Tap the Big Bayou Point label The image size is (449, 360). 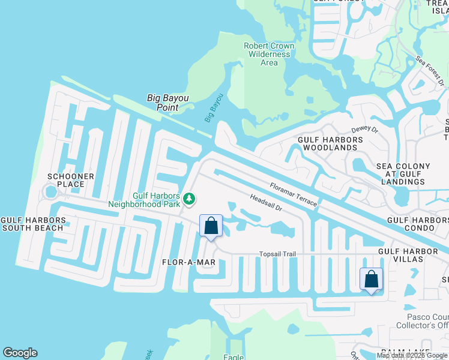[163, 103]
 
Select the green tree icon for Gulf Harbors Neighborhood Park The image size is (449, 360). [190, 198]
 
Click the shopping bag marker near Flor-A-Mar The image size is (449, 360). [211, 227]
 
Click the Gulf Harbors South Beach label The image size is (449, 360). [32, 224]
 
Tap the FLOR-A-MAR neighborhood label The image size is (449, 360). [188, 263]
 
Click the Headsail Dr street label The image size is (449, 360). [266, 203]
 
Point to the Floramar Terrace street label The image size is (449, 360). [294, 194]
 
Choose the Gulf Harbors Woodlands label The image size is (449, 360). [331, 143]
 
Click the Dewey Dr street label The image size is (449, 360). [364, 129]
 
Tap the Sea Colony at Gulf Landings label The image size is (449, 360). [403, 173]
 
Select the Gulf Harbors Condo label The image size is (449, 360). [418, 220]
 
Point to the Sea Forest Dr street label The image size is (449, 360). [431, 71]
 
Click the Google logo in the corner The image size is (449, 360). [20, 353]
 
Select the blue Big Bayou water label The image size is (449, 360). [214, 108]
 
